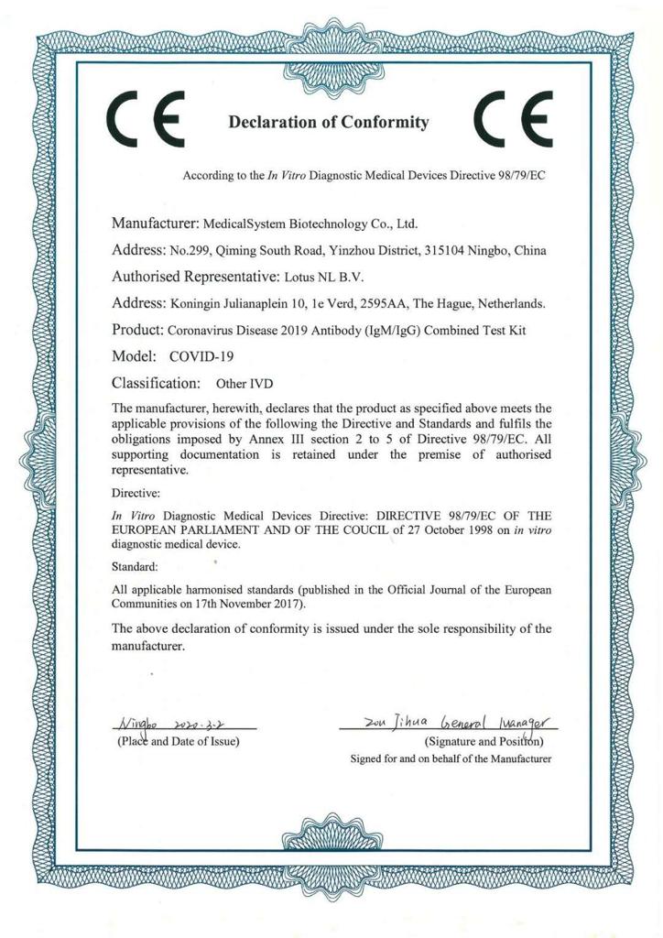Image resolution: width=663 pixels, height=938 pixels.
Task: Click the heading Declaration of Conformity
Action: pos(328,122)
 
